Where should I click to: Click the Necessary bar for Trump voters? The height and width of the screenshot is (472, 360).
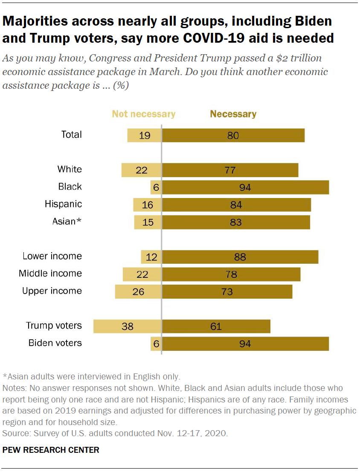pyautogui.click(x=216, y=326)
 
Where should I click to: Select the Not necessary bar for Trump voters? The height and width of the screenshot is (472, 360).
pyautogui.click(x=128, y=326)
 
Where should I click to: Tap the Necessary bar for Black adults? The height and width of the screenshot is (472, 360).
pyautogui.click(x=245, y=187)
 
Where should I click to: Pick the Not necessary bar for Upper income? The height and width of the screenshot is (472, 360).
pyautogui.click(x=138, y=292)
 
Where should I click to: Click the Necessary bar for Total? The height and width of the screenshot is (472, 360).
pyautogui.click(x=233, y=135)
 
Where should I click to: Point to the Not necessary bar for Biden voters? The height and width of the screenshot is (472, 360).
pyautogui.click(x=156, y=344)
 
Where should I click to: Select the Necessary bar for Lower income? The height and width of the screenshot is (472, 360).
pyautogui.click(x=240, y=257)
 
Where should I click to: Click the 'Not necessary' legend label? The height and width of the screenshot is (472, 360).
pyautogui.click(x=144, y=114)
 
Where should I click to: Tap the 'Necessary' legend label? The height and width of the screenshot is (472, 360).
pyautogui.click(x=233, y=114)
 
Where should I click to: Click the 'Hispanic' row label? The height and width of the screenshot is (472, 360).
pyautogui.click(x=63, y=204)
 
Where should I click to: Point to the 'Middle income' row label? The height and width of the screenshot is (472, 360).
pyautogui.click(x=50, y=274)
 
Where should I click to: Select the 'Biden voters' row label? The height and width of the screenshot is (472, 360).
pyautogui.click(x=55, y=343)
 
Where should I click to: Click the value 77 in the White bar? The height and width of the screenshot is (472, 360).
pyautogui.click(x=230, y=170)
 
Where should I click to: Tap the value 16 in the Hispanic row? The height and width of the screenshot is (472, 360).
pyautogui.click(x=147, y=205)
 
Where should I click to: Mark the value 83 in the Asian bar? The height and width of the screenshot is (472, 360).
pyautogui.click(x=235, y=222)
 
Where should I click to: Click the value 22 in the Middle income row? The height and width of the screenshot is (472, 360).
pyautogui.click(x=142, y=274)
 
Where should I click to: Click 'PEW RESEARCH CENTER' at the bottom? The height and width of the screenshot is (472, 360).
pyautogui.click(x=51, y=450)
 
